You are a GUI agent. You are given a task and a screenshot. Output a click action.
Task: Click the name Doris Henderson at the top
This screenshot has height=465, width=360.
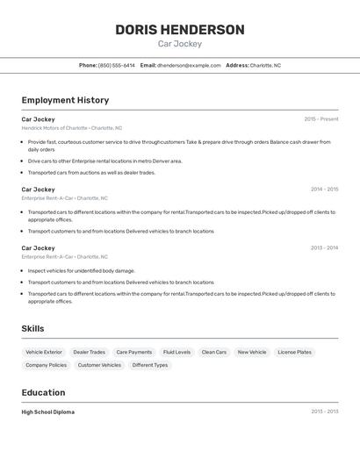coord(179,30)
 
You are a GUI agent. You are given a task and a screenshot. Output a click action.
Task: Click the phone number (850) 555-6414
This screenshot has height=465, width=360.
coord(117,65)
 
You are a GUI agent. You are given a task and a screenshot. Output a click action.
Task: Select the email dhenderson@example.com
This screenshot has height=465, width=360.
coord(189,65)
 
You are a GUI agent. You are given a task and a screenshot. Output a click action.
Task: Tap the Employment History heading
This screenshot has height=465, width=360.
coord(65,100)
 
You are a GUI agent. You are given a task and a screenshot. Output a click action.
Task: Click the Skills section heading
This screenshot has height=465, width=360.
coord(33,328)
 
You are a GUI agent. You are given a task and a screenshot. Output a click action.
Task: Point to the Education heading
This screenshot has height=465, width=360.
coord(43,392)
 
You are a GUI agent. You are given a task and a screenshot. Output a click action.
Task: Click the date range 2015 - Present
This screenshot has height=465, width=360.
coord(320,119)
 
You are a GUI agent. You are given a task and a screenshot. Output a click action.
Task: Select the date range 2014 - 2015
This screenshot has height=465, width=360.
coord(324,190)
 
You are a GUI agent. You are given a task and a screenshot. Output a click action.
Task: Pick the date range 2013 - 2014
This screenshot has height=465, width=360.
coord(324,248)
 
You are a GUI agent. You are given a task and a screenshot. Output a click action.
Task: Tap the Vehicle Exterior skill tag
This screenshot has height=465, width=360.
coord(44,352)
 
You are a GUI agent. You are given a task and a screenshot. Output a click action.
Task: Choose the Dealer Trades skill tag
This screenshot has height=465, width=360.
coord(89,352)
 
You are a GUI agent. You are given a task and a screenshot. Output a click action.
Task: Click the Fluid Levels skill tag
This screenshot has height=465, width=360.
coord(176,352)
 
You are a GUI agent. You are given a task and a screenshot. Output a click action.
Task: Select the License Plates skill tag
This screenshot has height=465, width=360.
coord(294,352)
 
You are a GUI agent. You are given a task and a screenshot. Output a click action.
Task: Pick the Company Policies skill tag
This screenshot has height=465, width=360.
coord(46,365)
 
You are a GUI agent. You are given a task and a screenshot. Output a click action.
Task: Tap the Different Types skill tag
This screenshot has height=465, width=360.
coord(149,365)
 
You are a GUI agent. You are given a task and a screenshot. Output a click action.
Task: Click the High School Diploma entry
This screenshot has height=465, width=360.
coord(48,411)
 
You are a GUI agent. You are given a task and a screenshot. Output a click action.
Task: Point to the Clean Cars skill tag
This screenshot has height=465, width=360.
coord(214,352)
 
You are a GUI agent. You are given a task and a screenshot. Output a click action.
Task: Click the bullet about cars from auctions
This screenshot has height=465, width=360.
coord(91,173)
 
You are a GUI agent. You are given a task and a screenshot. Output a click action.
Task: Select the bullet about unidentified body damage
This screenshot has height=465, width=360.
coord(81,271)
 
